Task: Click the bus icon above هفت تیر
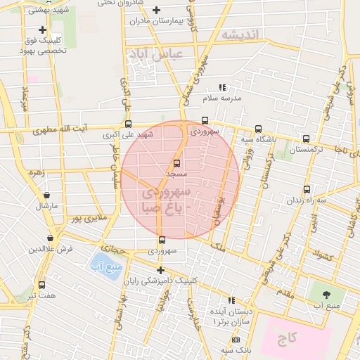(x=42, y=285)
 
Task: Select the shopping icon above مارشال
(x=46, y=195)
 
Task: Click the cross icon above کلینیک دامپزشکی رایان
(x=161, y=270)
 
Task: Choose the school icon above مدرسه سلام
(x=223, y=88)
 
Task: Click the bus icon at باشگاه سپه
(x=259, y=129)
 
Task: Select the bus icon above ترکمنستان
(x=306, y=139)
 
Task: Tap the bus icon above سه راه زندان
(x=306, y=189)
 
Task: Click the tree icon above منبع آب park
(x=326, y=295)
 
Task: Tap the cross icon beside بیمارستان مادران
(x=156, y=10)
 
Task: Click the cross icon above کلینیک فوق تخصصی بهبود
(x=43, y=30)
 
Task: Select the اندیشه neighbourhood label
(x=239, y=34)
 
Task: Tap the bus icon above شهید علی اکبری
(x=127, y=124)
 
